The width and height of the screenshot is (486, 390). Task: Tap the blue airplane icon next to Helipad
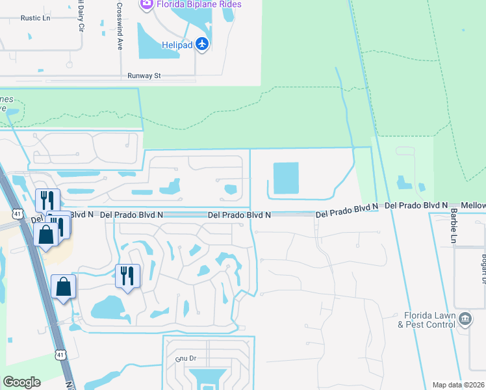coord(202,44)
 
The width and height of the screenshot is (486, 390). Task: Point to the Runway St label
coord(144,75)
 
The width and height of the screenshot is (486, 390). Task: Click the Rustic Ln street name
coord(35,18)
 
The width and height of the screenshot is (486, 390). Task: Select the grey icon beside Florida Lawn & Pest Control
coord(465,318)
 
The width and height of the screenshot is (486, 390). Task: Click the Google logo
coord(21,382)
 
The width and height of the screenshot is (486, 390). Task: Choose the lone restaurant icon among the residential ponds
coord(128,276)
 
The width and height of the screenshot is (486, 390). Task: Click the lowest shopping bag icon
coord(64,287)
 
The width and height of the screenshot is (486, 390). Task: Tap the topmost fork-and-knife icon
coord(47,200)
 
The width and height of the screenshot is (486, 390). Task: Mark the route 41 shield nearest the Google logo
coord(60,355)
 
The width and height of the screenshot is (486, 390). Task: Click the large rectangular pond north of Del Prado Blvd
coord(285,178)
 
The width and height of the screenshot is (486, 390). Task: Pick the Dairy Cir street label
coord(79,21)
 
